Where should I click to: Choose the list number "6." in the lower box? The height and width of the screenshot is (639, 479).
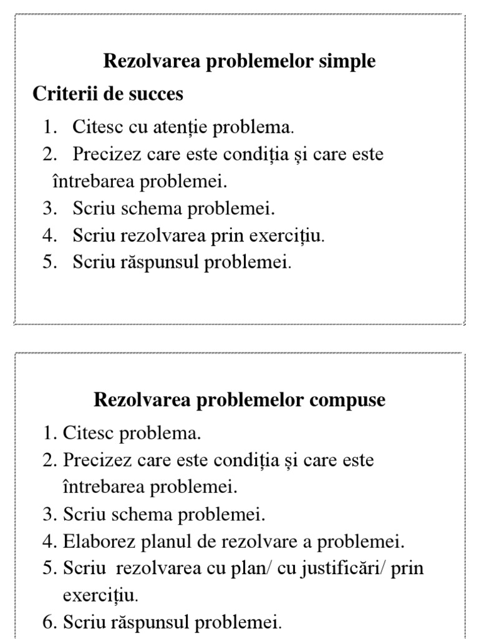pyautogui.click(x=50, y=623)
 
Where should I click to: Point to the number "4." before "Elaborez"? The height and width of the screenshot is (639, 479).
pyautogui.click(x=50, y=542)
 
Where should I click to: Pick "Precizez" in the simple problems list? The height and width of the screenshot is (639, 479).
pyautogui.click(x=107, y=154)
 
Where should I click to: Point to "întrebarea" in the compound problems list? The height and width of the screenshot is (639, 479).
pyautogui.click(x=103, y=487)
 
